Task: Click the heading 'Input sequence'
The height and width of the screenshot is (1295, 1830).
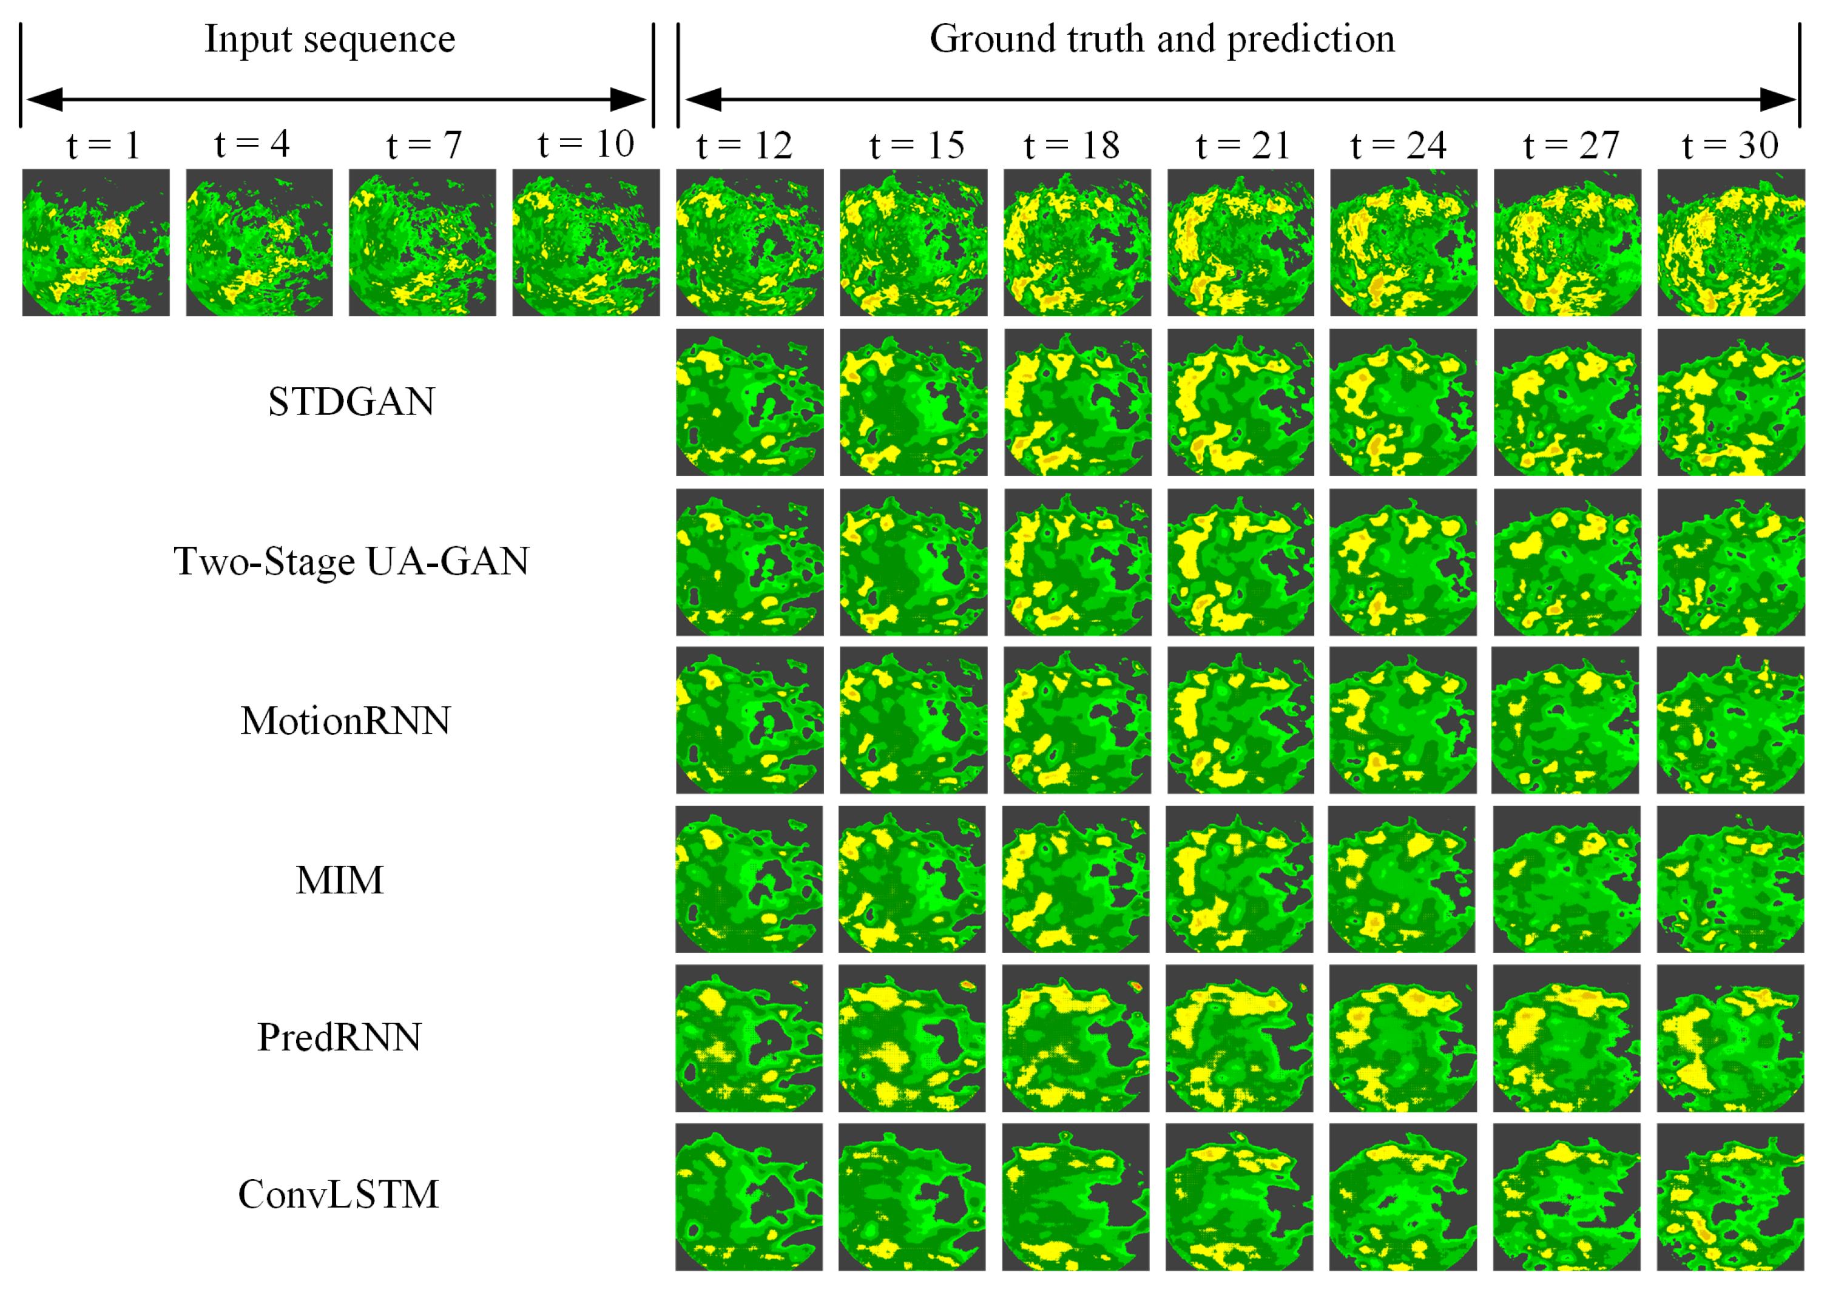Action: tap(329, 39)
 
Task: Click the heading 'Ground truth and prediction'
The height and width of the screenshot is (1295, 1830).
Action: tap(1162, 39)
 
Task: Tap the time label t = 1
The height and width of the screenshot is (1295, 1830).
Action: tap(104, 145)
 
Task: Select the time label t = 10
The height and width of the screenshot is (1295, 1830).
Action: tap(586, 144)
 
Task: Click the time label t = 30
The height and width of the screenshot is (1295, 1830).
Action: tap(1729, 145)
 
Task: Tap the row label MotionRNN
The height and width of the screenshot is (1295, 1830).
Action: tap(345, 720)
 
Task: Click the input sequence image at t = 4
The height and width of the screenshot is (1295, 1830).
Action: tap(259, 242)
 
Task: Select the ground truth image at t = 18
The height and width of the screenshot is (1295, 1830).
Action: tap(1076, 242)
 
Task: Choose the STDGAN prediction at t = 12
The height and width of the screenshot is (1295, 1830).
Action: tap(749, 402)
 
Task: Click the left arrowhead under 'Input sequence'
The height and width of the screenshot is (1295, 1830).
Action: tap(44, 100)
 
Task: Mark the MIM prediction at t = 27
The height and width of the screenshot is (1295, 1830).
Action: tap(1566, 879)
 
